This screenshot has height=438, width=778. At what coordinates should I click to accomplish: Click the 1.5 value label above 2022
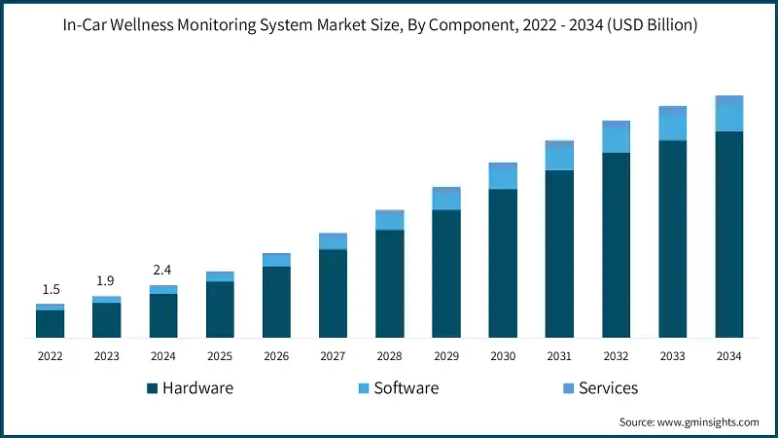[50, 290]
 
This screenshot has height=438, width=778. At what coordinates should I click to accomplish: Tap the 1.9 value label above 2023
[106, 281]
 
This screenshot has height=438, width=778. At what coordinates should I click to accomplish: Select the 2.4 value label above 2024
[162, 270]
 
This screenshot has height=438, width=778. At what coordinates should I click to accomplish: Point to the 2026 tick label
[276, 356]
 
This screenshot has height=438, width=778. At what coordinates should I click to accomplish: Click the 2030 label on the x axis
[503, 356]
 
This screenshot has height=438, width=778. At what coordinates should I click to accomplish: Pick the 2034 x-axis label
[729, 356]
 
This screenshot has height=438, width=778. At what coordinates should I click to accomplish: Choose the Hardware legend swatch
[153, 388]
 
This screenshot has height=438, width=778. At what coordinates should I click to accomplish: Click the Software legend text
[407, 387]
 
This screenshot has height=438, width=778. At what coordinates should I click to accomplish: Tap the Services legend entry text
[608, 387]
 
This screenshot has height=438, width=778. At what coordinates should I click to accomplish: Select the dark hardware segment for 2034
[729, 234]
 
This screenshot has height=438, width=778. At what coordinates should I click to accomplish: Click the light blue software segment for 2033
[673, 126]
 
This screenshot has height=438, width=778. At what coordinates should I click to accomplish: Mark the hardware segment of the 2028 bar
[389, 283]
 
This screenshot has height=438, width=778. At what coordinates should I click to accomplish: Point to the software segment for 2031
[559, 157]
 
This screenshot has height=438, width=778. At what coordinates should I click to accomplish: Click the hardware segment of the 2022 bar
[50, 323]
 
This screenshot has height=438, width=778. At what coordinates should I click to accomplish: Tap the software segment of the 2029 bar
[446, 200]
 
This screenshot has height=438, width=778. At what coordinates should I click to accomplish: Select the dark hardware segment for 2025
[220, 309]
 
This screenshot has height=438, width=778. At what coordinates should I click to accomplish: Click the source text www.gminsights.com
[705, 422]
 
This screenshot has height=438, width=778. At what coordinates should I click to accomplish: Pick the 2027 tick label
[333, 356]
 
